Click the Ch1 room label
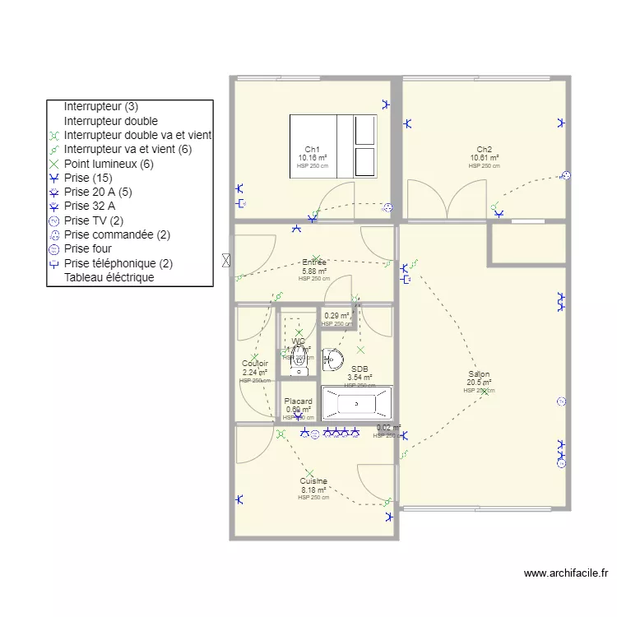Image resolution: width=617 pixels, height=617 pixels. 312,149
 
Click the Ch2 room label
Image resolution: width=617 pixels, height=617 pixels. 485,149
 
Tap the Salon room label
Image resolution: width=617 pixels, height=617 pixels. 479,373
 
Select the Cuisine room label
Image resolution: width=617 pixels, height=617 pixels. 313,481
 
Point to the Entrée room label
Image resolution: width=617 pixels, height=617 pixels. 314,262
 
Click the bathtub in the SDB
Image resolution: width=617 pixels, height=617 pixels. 356,403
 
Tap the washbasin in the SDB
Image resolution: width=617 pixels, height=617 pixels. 333,358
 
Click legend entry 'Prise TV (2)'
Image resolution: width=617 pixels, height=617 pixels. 94,220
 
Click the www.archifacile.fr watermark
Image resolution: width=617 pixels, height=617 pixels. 565,573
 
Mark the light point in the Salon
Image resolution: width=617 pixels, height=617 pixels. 485,392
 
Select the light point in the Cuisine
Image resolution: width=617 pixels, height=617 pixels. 310,472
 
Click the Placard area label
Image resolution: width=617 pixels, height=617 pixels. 298,401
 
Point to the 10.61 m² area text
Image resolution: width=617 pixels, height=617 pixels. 485,158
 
